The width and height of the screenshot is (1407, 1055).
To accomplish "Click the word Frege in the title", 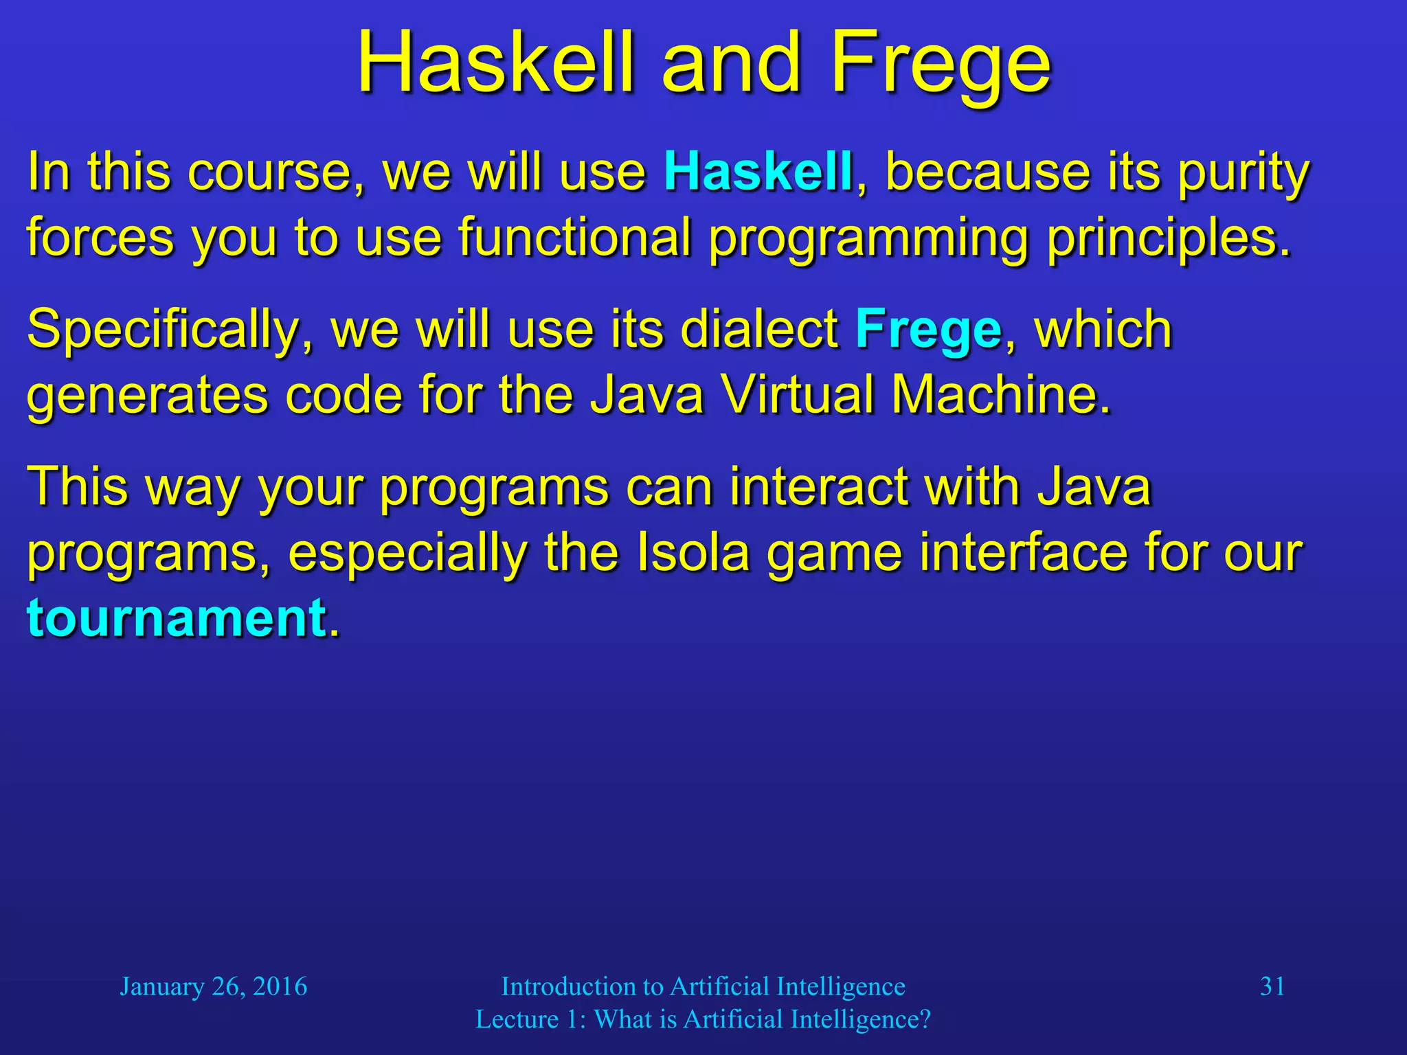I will (x=941, y=63).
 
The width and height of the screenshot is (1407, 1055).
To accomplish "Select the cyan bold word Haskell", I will (x=758, y=172).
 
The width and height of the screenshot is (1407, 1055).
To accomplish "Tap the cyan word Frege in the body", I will (x=928, y=330).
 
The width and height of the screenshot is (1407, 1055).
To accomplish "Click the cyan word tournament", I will (x=177, y=617).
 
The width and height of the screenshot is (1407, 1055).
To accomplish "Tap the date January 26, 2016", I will (x=214, y=986).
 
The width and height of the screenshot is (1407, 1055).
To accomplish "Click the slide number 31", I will (x=1272, y=986).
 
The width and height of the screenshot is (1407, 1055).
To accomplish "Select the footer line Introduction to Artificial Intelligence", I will (x=703, y=986).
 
